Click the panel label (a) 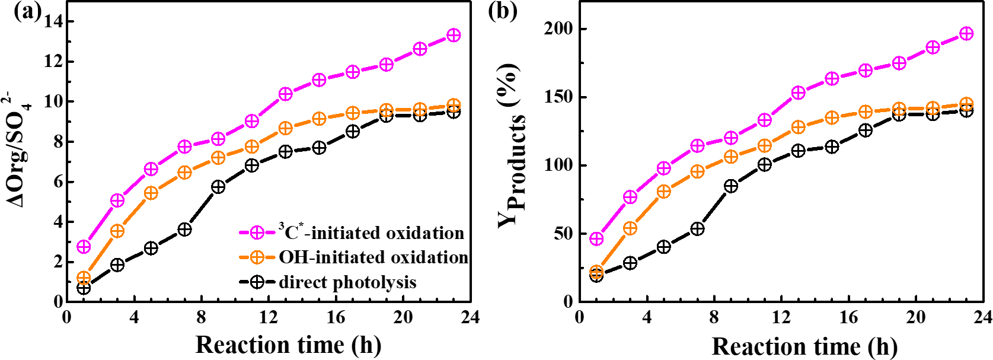pyautogui.click(x=27, y=11)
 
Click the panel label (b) pyautogui.click(x=503, y=11)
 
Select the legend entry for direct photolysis pyautogui.click(x=347, y=282)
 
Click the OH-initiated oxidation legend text pyautogui.click(x=373, y=257)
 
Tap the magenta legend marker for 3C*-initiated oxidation pyautogui.click(x=257, y=232)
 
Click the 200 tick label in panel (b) pyautogui.click(x=558, y=29)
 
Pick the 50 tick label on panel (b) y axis pyautogui.click(x=563, y=234)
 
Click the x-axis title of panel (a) pyautogui.click(x=288, y=345)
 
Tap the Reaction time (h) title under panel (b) pyautogui.click(x=804, y=346)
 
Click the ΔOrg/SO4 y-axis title pyautogui.click(x=18, y=148)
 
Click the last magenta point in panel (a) pyautogui.click(x=454, y=35)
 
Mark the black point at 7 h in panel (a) pyautogui.click(x=184, y=229)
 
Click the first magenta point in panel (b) pyautogui.click(x=596, y=238)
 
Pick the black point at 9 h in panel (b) pyautogui.click(x=731, y=186)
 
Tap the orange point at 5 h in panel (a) pyautogui.click(x=151, y=193)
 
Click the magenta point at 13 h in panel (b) pyautogui.click(x=798, y=93)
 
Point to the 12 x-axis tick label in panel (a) pyautogui.click(x=269, y=317)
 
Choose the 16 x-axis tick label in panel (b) pyautogui.click(x=848, y=317)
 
